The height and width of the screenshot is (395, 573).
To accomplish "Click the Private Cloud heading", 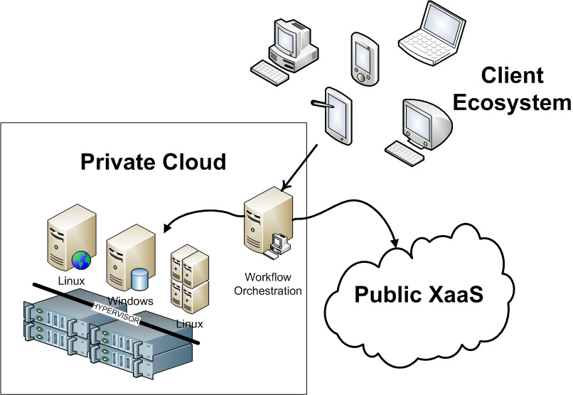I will [x=153, y=163].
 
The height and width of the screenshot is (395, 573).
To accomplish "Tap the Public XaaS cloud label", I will [x=420, y=294].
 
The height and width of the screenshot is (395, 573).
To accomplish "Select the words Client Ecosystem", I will [x=512, y=90].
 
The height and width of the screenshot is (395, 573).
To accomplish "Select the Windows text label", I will [x=131, y=301].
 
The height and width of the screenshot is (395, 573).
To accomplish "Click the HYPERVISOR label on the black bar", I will [x=118, y=312].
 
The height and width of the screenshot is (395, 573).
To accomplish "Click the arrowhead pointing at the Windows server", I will [x=168, y=228].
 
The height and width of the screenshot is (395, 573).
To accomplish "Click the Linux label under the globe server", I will [x=71, y=281].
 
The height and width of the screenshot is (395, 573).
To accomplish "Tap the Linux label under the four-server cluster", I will [x=189, y=324].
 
